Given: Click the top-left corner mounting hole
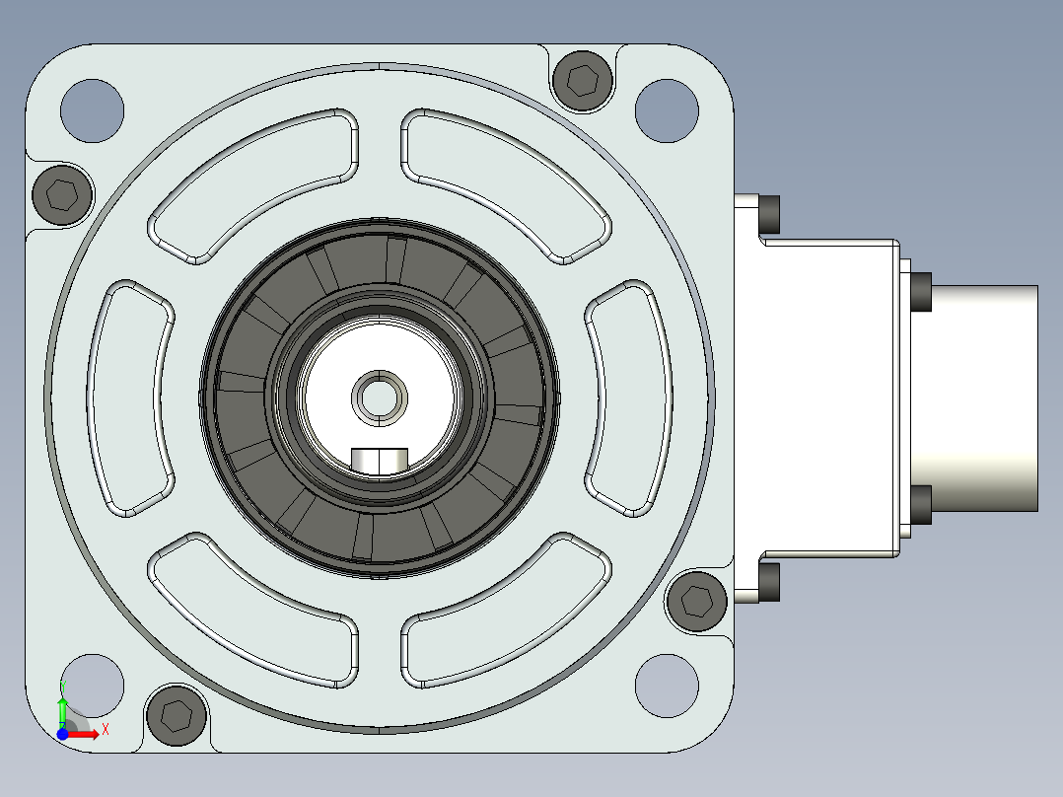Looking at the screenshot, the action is coord(93,110).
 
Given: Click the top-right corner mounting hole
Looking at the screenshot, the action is coord(667,110).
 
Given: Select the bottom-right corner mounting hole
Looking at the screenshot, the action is coord(667,686).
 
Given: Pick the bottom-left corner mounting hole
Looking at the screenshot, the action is coord(93,686).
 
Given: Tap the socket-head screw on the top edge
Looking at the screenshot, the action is coord(583,80).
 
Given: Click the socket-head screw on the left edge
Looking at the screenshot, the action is coord(62,195).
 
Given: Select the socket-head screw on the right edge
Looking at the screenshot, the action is coord(697,601).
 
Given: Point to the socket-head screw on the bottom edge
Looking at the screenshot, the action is coord(177,715).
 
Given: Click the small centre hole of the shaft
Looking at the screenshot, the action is coord(380,398).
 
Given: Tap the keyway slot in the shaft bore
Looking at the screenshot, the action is coord(380,461).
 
